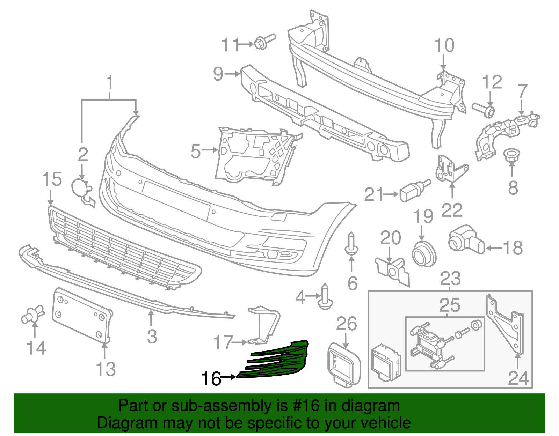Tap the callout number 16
(x=211, y=378)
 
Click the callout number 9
(x=218, y=74)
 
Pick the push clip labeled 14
(x=32, y=314)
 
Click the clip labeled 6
(x=351, y=245)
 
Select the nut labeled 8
(x=511, y=155)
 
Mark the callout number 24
(x=518, y=378)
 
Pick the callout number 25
(x=450, y=305)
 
